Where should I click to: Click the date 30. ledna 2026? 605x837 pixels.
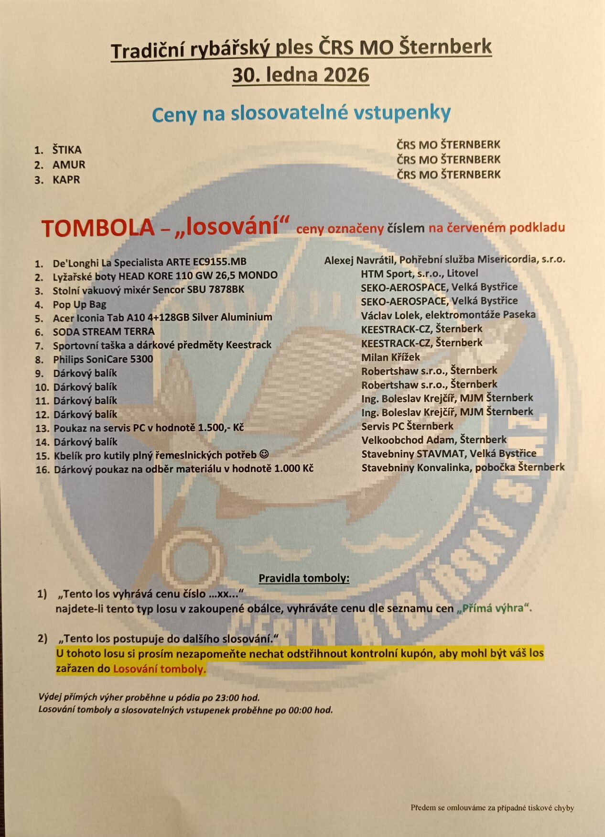pyautogui.click(x=301, y=76)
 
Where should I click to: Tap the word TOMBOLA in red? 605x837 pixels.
pyautogui.click(x=97, y=228)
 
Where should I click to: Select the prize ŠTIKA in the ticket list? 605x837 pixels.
pyautogui.click(x=67, y=150)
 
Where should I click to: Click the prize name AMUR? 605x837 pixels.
pyautogui.click(x=69, y=165)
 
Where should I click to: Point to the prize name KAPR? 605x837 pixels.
pyautogui.click(x=66, y=180)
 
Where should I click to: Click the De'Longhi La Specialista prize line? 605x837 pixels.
pyautogui.click(x=150, y=262)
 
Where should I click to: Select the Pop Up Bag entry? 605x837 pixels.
pyautogui.click(x=79, y=304)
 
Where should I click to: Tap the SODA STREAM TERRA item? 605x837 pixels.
pyautogui.click(x=104, y=331)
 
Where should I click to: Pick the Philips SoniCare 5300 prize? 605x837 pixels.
pyautogui.click(x=103, y=359)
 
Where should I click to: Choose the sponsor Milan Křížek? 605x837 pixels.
pyautogui.click(x=390, y=357)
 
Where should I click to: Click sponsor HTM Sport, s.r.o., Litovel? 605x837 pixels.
pyautogui.click(x=419, y=274)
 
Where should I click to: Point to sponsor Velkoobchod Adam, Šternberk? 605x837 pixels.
pyautogui.click(x=433, y=440)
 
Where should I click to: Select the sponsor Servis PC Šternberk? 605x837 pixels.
pyautogui.click(x=407, y=426)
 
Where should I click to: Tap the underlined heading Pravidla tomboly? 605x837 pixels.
pyautogui.click(x=304, y=578)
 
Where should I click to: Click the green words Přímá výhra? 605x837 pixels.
pyautogui.click(x=494, y=608)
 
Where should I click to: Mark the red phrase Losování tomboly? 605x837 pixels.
pyautogui.click(x=159, y=669)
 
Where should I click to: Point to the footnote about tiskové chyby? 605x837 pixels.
pyautogui.click(x=492, y=808)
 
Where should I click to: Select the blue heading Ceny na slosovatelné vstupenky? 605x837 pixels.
pyautogui.click(x=301, y=113)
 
